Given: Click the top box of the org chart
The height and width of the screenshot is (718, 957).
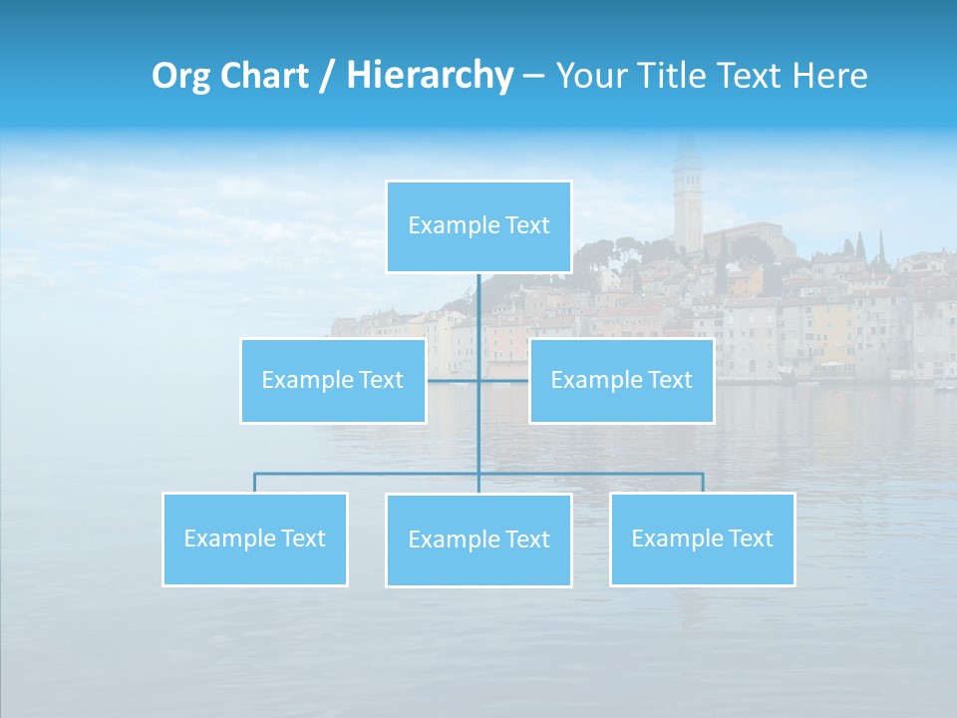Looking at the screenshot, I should tap(478, 226).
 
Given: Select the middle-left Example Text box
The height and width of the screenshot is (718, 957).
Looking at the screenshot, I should tap(333, 380).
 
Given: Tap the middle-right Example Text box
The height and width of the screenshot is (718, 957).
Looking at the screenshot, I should tap(621, 380).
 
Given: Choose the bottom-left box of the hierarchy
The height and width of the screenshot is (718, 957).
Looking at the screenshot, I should tap(255, 538).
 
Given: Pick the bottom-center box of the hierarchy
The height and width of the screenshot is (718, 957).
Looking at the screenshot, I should tap(478, 539).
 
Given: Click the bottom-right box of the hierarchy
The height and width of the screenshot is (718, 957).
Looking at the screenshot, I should tap(702, 538).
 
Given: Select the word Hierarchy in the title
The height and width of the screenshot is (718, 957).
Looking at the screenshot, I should tap(429, 77).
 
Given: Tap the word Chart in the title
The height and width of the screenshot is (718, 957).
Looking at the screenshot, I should tap(264, 76).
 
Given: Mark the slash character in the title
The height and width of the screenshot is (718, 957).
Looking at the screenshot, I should tap(326, 77).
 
